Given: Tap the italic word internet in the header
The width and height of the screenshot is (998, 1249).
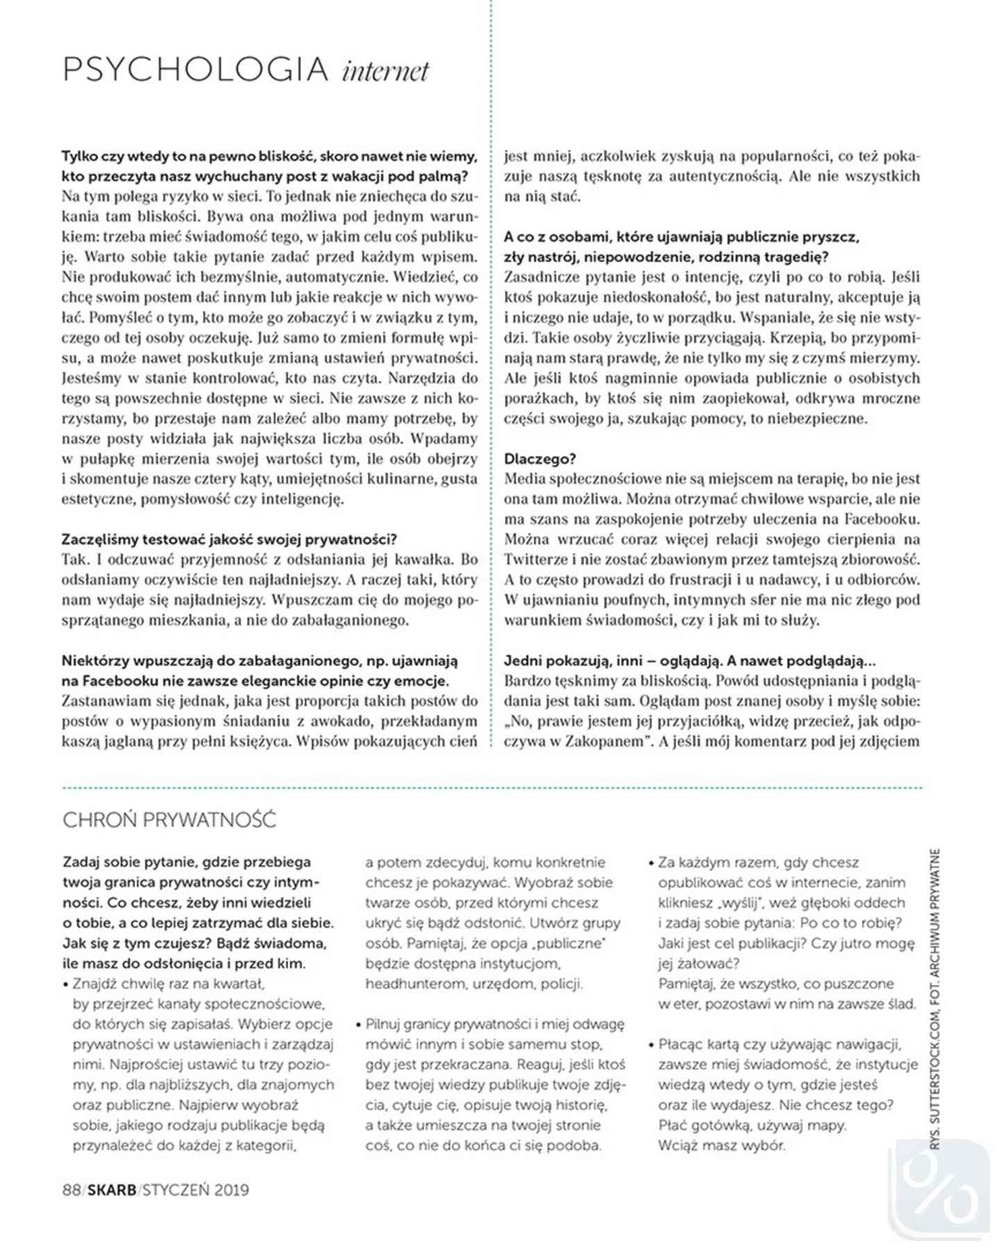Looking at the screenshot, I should (x=386, y=71).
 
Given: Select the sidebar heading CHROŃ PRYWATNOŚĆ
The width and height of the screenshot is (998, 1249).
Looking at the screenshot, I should (x=169, y=820).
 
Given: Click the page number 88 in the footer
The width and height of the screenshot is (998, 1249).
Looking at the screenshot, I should (x=71, y=1190).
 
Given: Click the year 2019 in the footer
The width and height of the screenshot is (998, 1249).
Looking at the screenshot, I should (x=231, y=1190).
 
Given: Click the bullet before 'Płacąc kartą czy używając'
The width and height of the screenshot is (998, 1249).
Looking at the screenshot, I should (x=651, y=1045).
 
